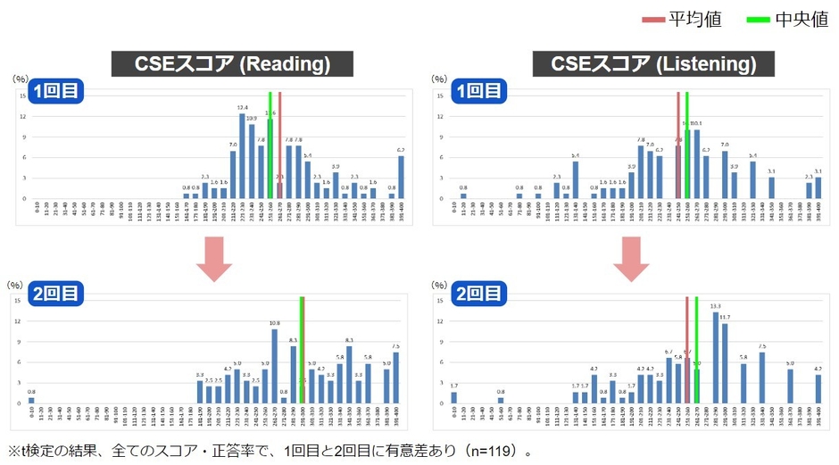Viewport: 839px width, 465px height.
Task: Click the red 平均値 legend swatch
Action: (652, 19)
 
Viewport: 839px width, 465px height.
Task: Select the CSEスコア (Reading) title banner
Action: (232, 64)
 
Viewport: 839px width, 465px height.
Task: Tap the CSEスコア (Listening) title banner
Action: (654, 64)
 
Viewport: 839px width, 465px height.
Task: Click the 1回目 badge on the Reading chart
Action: (55, 90)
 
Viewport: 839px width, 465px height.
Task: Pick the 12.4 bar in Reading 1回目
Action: (242, 156)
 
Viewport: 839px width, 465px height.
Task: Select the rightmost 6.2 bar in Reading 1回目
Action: (401, 177)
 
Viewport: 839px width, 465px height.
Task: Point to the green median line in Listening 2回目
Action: (696, 339)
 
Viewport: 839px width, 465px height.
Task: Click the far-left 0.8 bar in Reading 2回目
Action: (31, 401)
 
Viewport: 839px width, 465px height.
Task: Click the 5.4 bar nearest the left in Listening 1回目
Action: (576, 179)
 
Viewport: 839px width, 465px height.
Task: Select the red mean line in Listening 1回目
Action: (677, 143)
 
